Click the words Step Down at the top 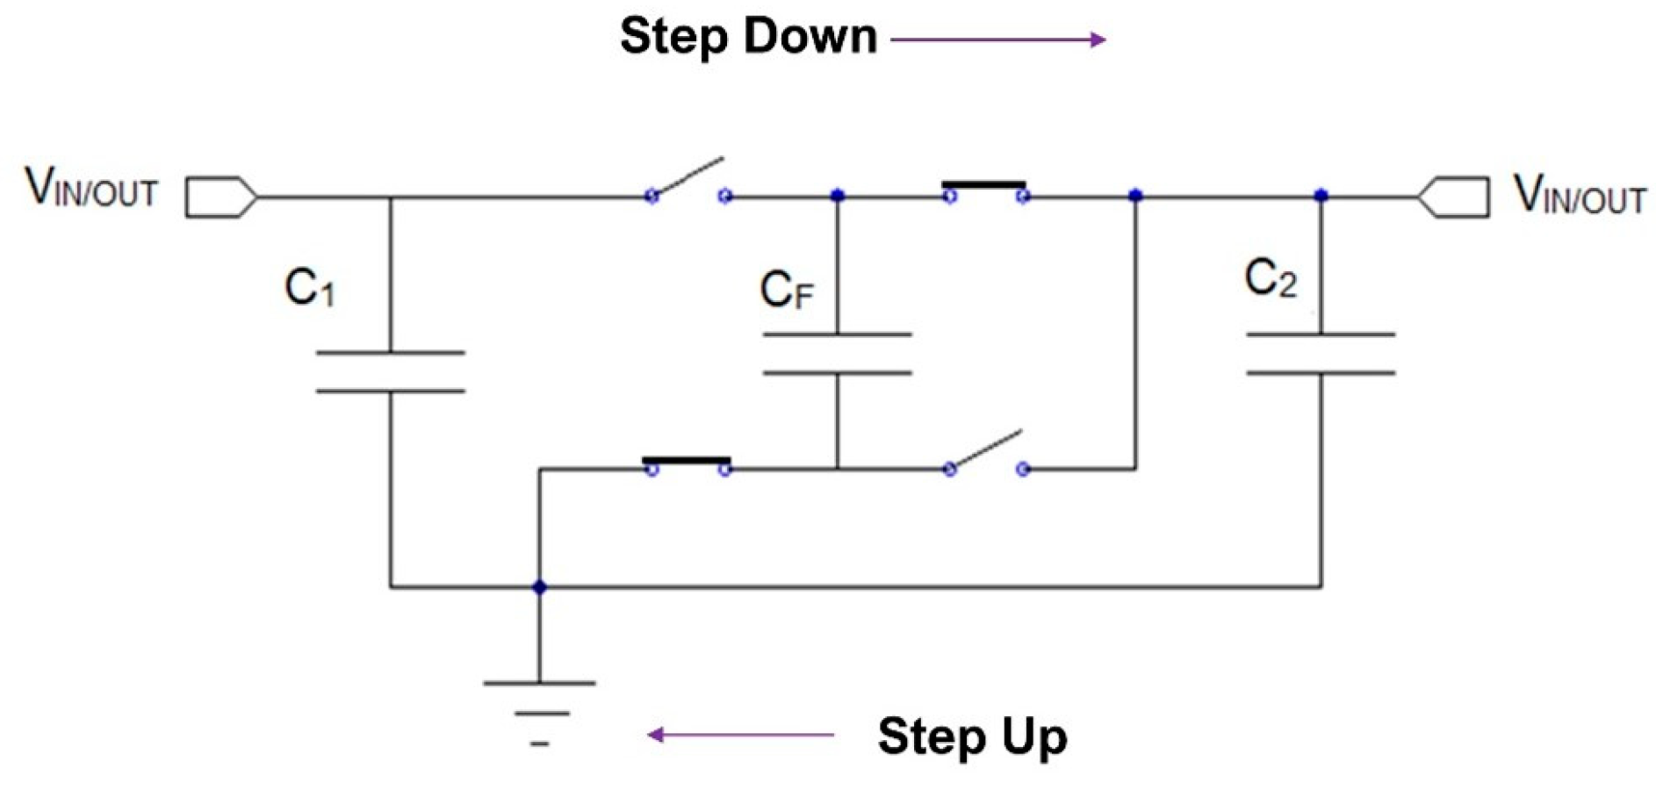pos(748,37)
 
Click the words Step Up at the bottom pos(972,736)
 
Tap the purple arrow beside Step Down pos(998,40)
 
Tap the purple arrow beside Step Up pos(741,735)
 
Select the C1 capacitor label pos(310,287)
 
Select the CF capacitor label pos(786,291)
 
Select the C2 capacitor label pos(1271,278)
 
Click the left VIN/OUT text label pos(91,187)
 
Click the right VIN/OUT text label pos(1579,194)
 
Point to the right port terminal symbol pos(1454,197)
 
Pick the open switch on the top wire pos(688,182)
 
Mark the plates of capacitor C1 pos(390,372)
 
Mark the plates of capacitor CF pos(837,354)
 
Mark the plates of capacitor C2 pos(1321,354)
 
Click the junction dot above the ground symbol pos(539,586)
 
